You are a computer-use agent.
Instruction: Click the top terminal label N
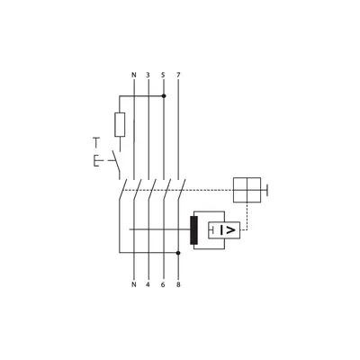coord(134,75)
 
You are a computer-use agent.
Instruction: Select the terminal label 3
coord(148,75)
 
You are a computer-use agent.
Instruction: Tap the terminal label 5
coord(163,75)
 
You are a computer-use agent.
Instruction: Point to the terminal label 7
coord(178,75)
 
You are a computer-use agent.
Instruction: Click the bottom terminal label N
coord(134,284)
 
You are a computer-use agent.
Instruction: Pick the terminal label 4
coord(148,284)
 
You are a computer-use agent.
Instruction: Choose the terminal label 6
coord(163,284)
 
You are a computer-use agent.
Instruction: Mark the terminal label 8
coord(178,284)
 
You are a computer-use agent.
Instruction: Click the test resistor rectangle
coord(120,125)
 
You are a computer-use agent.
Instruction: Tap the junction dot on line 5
coord(164,96)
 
